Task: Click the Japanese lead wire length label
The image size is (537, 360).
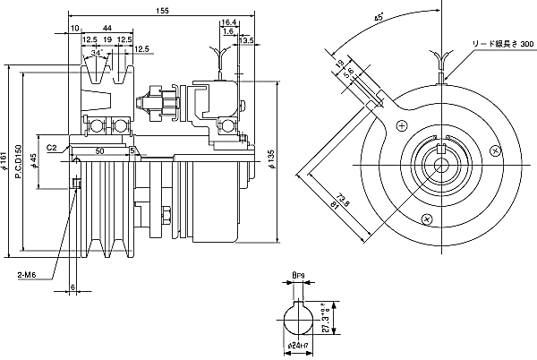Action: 504,43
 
